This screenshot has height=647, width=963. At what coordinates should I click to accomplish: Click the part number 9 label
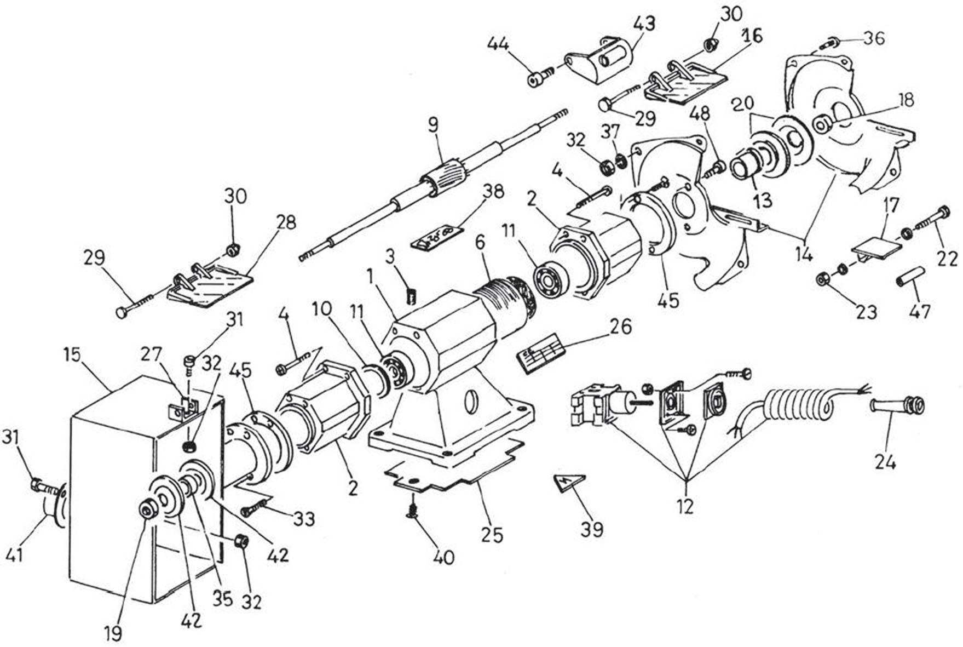tap(433, 125)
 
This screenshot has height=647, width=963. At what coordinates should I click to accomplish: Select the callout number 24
tap(885, 463)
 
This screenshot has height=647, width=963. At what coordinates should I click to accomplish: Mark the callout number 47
tap(919, 311)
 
